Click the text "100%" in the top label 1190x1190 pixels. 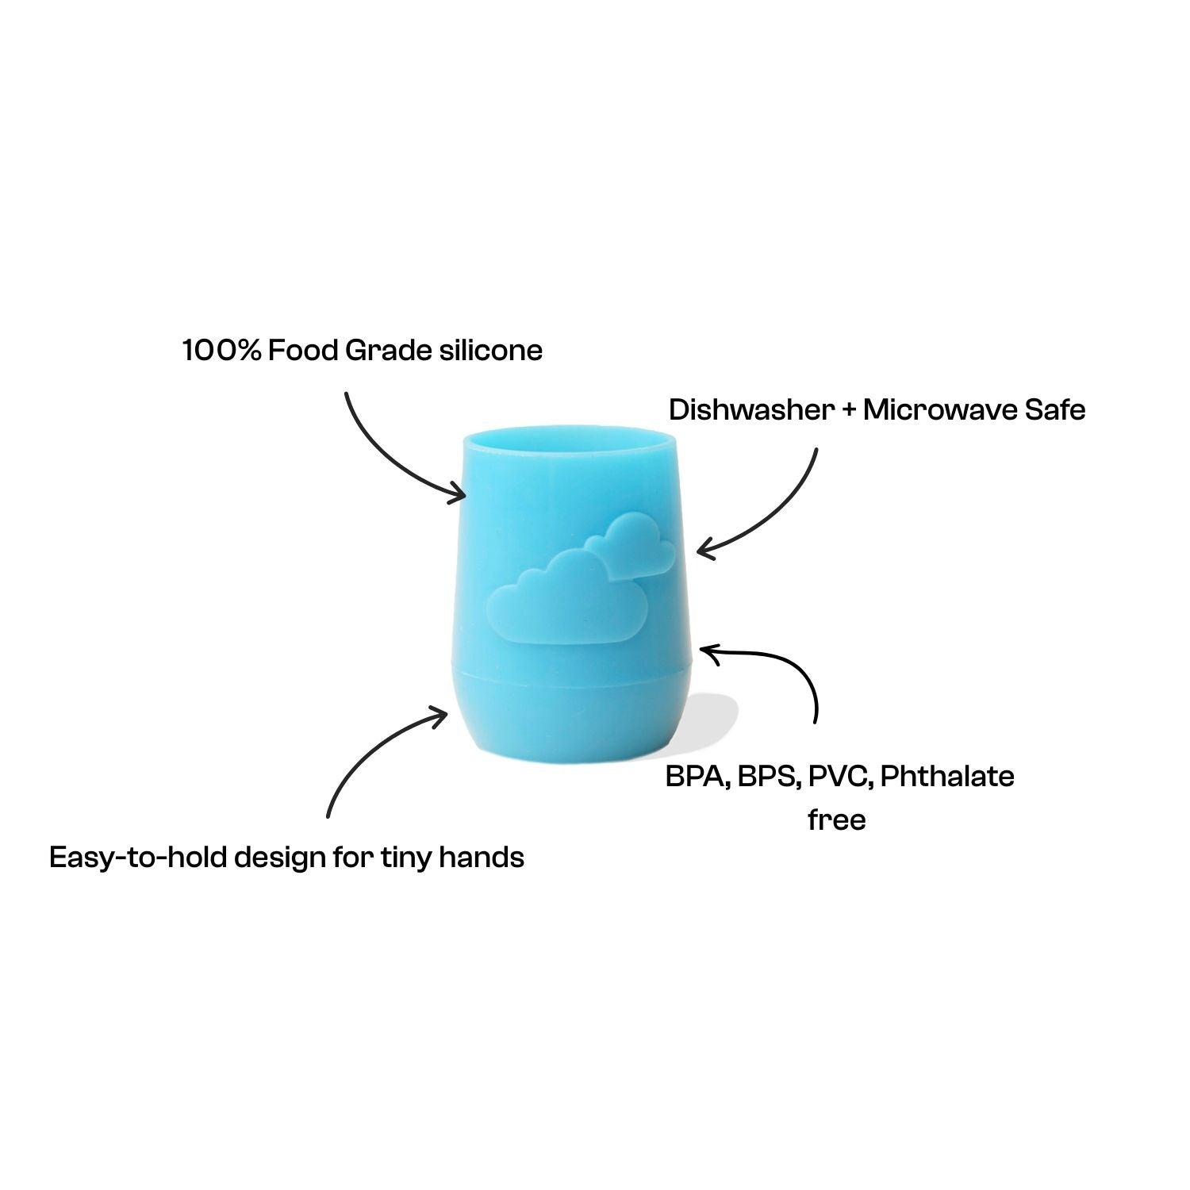pyautogui.click(x=221, y=350)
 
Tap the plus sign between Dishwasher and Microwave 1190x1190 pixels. pyautogui.click(x=849, y=411)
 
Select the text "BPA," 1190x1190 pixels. pyautogui.click(x=698, y=776)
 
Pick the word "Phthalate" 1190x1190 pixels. pyautogui.click(x=947, y=776)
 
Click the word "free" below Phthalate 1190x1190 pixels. pyautogui.click(x=837, y=820)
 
